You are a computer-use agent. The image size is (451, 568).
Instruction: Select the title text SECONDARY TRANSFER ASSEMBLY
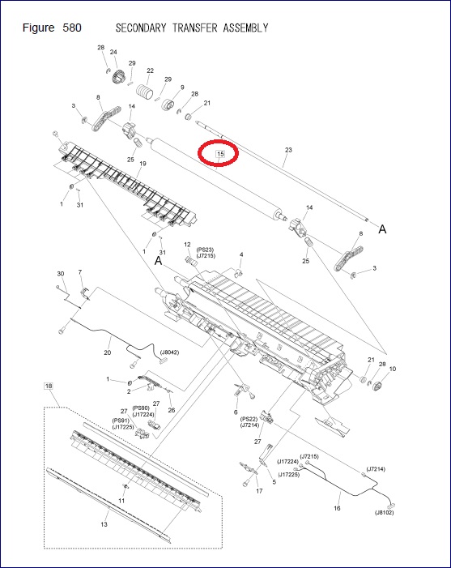[x=192, y=28]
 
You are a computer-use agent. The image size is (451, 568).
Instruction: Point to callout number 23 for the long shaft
[x=288, y=150]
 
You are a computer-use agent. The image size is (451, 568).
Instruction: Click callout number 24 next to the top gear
[x=113, y=53]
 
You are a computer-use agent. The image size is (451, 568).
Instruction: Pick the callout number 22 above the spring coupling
[x=150, y=70]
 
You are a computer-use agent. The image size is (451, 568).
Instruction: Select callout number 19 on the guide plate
[x=143, y=164]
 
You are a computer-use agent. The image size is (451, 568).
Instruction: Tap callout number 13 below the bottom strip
[x=104, y=525]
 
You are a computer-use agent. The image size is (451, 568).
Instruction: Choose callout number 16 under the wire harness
[x=337, y=508]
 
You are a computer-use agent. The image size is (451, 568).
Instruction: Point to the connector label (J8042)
[x=170, y=352]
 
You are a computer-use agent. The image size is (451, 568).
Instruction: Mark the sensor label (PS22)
[x=249, y=418]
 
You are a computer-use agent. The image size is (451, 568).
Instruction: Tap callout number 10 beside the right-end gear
[x=393, y=369]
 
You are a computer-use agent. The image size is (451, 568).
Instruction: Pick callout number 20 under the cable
[x=107, y=352]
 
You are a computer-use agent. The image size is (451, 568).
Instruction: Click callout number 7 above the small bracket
[x=79, y=271]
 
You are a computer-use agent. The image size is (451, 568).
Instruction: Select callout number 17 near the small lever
[x=259, y=491]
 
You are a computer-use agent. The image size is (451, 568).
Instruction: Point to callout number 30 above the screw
[x=60, y=274]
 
